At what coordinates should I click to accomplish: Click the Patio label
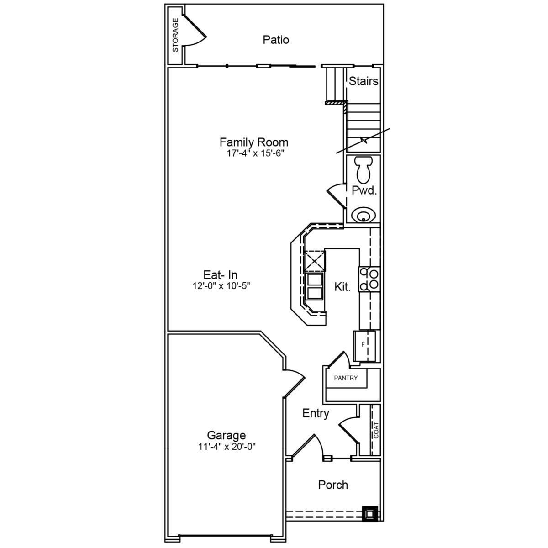(275, 40)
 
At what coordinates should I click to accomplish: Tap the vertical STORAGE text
(175, 35)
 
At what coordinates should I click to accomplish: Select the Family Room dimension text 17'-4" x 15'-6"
(255, 153)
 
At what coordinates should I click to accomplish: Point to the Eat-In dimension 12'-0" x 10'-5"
(221, 285)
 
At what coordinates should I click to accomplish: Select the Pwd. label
(364, 190)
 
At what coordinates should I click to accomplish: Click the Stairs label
(364, 81)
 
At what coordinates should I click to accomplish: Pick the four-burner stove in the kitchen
(369, 279)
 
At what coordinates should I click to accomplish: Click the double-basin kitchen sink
(315, 286)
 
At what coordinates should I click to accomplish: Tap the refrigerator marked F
(364, 346)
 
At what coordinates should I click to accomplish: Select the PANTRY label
(346, 378)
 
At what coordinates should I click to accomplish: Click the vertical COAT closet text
(376, 430)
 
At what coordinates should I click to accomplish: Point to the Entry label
(316, 413)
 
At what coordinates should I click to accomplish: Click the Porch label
(333, 485)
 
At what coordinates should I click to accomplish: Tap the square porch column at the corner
(370, 514)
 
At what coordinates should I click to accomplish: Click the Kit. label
(342, 287)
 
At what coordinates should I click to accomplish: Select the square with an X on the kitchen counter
(314, 260)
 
